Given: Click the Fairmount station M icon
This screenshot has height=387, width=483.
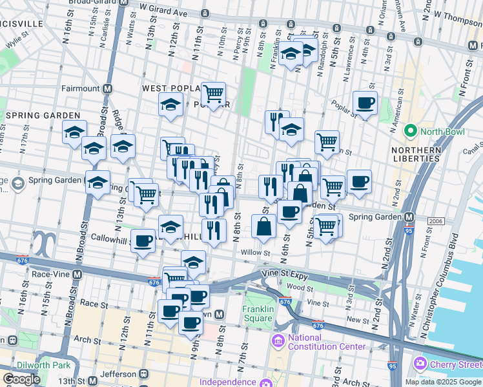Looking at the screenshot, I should [x=108, y=88].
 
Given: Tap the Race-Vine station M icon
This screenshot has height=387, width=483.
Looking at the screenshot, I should [x=77, y=273].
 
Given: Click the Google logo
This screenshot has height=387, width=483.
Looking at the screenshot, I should [x=22, y=379].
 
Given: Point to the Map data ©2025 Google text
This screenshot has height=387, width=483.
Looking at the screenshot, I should [x=443, y=382].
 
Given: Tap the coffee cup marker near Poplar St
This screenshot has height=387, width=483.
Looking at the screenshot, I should [x=365, y=103].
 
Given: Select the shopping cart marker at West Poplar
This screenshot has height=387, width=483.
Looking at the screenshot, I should [x=212, y=94].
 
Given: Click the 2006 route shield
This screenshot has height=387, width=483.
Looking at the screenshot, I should [x=437, y=221].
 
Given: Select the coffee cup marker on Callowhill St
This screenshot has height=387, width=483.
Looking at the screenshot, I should [x=143, y=241].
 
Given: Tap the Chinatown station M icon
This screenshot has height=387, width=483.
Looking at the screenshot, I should [x=220, y=314].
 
